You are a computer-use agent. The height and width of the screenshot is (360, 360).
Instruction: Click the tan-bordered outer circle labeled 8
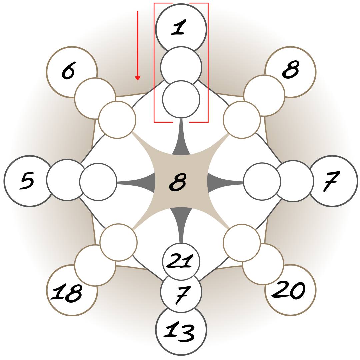(x=293, y=68)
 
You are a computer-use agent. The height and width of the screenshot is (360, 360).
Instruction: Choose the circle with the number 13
(x=181, y=333)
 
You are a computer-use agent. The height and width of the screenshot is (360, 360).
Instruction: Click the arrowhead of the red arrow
(x=137, y=78)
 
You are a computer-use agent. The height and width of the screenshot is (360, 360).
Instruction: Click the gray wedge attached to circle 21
(x=181, y=220)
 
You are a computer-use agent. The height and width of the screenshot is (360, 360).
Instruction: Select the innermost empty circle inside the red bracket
(x=181, y=99)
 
